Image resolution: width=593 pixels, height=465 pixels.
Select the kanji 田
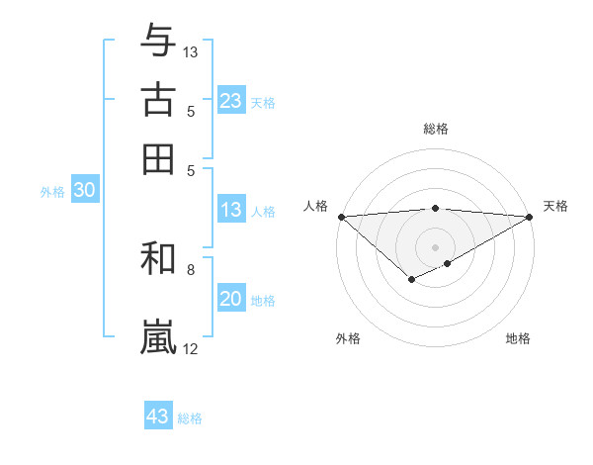[x=159, y=158]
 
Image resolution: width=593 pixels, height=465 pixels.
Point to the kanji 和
[x=159, y=260]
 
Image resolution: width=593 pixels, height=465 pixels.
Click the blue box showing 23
[x=231, y=100]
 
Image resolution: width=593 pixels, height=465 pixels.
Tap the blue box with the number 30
[x=84, y=191]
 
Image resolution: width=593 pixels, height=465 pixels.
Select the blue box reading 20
[x=231, y=299]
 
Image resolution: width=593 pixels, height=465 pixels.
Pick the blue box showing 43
[x=158, y=417]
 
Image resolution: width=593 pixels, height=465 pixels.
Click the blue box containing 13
[x=231, y=210]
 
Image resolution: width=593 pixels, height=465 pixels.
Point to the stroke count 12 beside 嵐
[x=190, y=348]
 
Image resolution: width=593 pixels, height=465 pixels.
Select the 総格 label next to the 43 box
[x=190, y=418]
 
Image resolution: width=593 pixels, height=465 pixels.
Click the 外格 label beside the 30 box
[x=52, y=192]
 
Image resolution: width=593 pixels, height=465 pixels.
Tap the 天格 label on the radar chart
[x=555, y=206]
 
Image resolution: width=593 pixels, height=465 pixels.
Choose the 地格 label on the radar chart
[x=518, y=338]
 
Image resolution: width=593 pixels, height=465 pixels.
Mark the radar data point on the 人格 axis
[x=341, y=217]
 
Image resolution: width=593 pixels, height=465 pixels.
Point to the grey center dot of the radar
[x=436, y=246]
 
